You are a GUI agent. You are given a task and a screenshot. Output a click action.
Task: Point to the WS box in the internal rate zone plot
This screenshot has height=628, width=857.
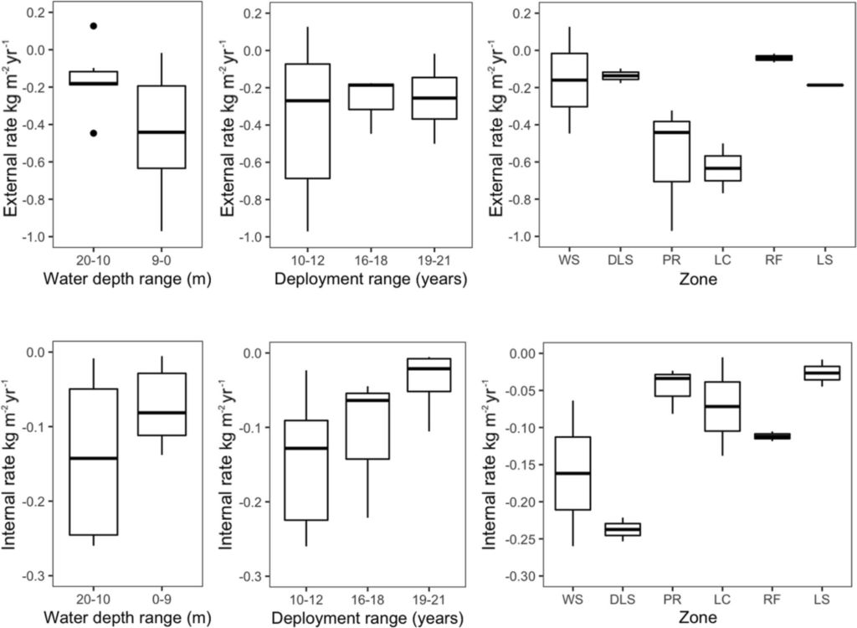[572, 473]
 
